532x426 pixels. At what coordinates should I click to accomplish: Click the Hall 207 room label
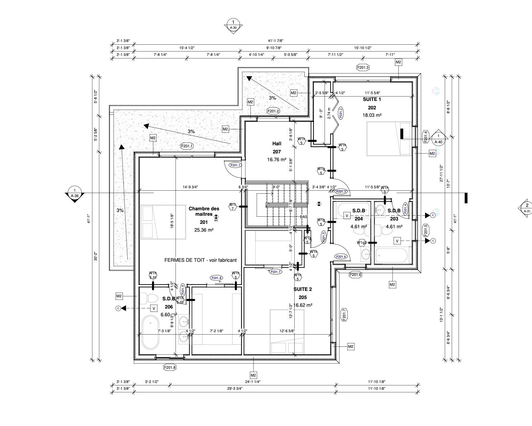(277, 144)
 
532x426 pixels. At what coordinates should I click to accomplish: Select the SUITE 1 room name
(372, 99)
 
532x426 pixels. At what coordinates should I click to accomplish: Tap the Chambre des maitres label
(204, 211)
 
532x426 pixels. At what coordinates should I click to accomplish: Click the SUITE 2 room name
(303, 289)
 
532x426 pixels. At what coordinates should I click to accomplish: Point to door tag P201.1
(235, 165)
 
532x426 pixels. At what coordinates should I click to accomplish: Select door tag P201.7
(275, 272)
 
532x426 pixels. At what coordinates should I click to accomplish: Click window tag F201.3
(363, 67)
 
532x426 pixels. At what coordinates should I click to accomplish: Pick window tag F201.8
(170, 367)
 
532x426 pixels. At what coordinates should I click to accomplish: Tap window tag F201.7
(344, 315)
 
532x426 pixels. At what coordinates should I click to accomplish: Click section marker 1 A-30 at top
(233, 25)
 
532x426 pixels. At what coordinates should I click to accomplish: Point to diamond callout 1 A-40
(438, 138)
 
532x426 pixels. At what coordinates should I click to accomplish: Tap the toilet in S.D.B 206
(149, 298)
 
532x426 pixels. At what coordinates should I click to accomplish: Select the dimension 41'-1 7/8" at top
(274, 40)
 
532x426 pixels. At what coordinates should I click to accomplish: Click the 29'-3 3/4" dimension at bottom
(234, 389)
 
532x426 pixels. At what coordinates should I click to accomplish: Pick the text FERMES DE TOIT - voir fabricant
(200, 260)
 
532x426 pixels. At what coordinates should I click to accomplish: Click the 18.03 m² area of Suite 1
(372, 115)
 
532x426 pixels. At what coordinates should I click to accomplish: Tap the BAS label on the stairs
(304, 217)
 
